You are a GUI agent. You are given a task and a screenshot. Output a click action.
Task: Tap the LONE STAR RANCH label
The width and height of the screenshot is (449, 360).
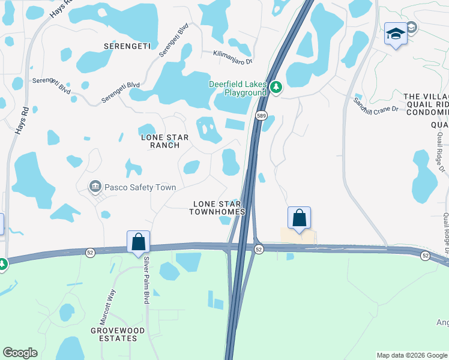(x=164, y=142)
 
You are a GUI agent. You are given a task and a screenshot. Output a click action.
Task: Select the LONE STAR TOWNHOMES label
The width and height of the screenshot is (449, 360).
(x=217, y=208)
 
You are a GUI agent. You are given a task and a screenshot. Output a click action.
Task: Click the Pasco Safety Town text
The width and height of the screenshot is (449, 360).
(x=140, y=187)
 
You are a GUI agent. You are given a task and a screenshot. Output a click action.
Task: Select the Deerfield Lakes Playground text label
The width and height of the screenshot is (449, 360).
(x=237, y=88)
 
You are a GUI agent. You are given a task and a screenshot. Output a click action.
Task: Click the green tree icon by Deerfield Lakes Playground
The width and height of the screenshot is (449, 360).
(x=276, y=88)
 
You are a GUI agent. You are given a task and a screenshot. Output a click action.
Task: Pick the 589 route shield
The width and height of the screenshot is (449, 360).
(x=261, y=115)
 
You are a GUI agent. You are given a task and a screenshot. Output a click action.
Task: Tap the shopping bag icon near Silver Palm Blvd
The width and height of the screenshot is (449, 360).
(x=138, y=242)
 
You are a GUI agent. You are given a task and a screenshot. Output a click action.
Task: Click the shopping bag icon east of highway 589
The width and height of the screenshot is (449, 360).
(x=299, y=217)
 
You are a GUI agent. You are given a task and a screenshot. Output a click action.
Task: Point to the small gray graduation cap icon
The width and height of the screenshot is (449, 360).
(x=411, y=27)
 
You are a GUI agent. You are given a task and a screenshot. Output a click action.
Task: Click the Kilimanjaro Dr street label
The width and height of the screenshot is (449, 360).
(x=232, y=57)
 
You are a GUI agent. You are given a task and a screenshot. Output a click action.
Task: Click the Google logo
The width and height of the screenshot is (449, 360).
(x=20, y=353)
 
